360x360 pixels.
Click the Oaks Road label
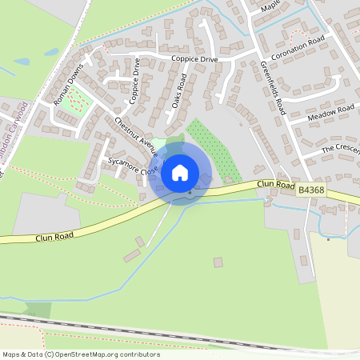pos(178,93)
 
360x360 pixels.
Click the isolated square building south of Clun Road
pos(218,262)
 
